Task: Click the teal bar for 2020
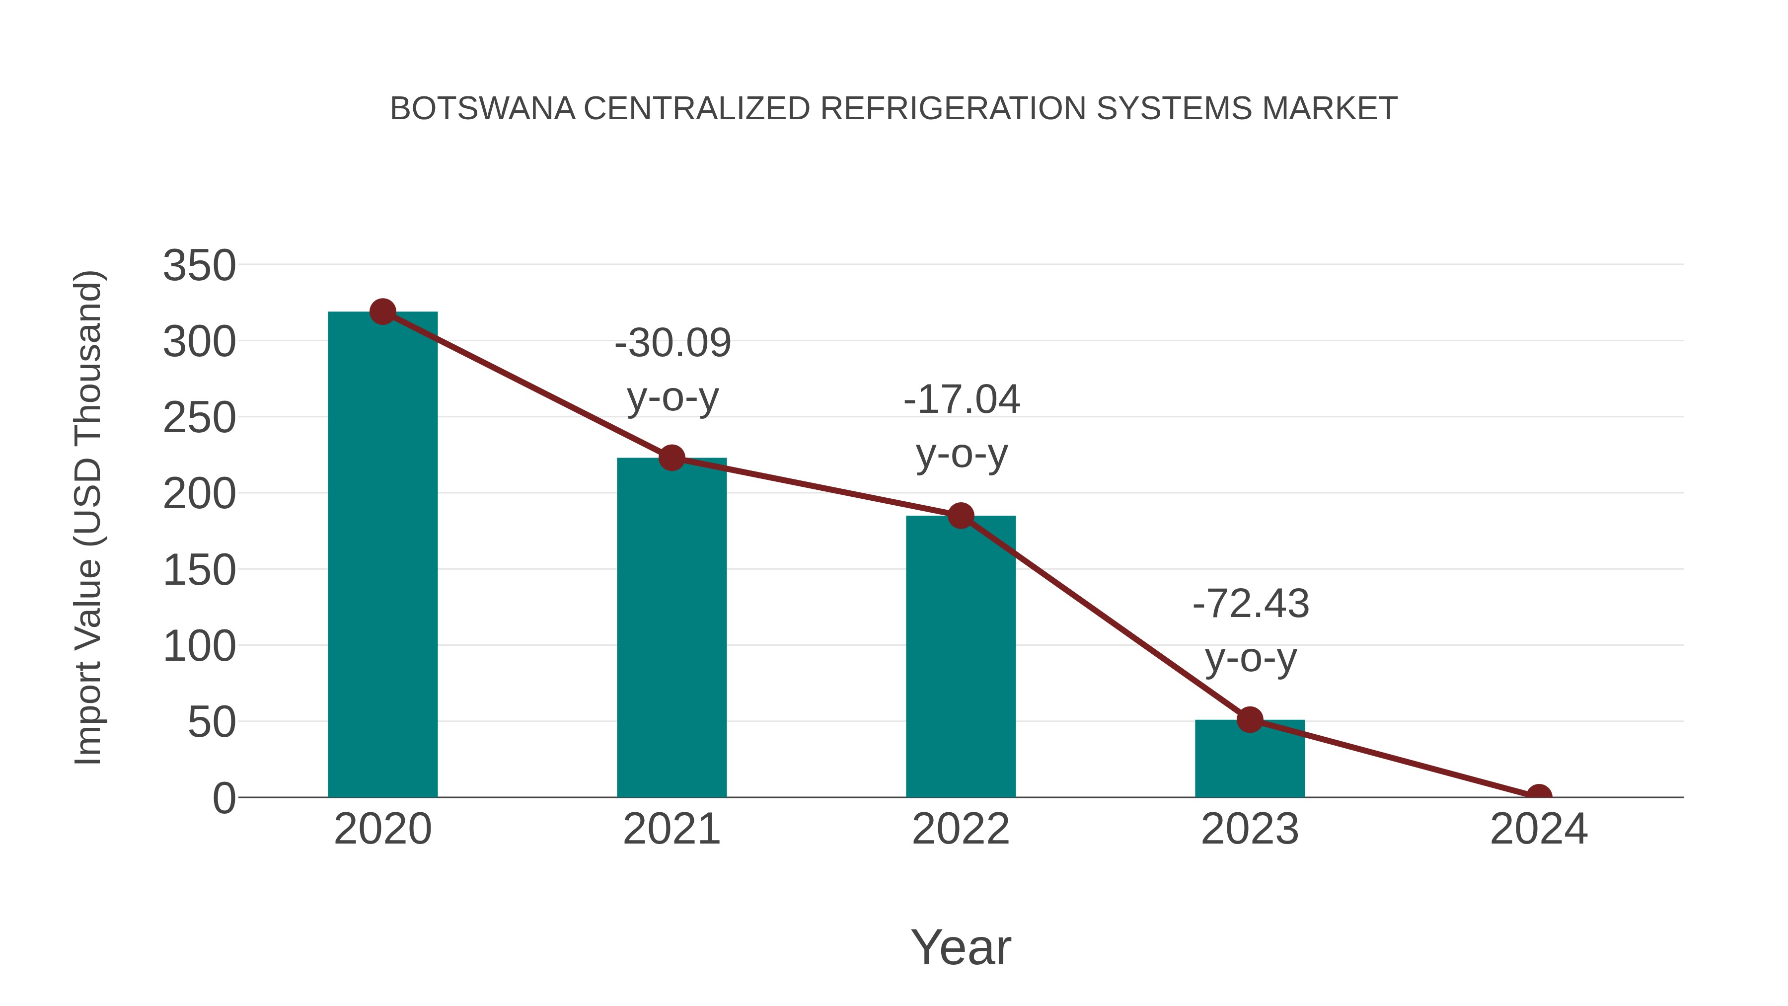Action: (382, 555)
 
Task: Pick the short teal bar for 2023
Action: (1250, 760)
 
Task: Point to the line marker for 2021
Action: (671, 458)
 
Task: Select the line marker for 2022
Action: (961, 515)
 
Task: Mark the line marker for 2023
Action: (1250, 720)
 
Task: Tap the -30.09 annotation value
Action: (672, 343)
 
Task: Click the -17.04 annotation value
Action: (962, 400)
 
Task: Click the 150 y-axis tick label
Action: (199, 571)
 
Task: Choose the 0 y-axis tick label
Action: (224, 798)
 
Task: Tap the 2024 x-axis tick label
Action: (1539, 830)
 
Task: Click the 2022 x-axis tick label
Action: (961, 830)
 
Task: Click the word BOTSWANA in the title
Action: (482, 109)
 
